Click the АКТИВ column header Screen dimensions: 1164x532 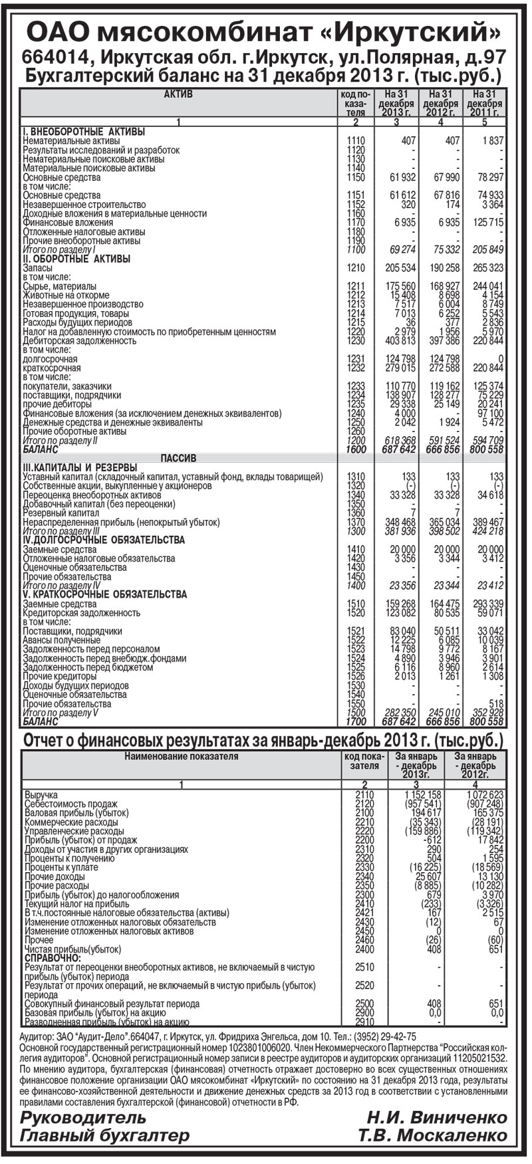click(178, 94)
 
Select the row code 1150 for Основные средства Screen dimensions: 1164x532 click(356, 177)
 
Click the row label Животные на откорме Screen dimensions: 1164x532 click(66, 295)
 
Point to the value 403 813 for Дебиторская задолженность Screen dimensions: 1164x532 click(400, 341)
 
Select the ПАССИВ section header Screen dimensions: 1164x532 click(178, 458)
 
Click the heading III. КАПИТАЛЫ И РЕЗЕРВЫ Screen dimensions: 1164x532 click(80, 467)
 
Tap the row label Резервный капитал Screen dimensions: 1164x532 click(61, 513)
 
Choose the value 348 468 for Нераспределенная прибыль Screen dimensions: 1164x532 click(400, 523)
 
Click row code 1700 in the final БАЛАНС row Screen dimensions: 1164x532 click(356, 721)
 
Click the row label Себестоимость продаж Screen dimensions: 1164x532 click(67, 804)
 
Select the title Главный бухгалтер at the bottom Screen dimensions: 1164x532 click(104, 1135)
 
